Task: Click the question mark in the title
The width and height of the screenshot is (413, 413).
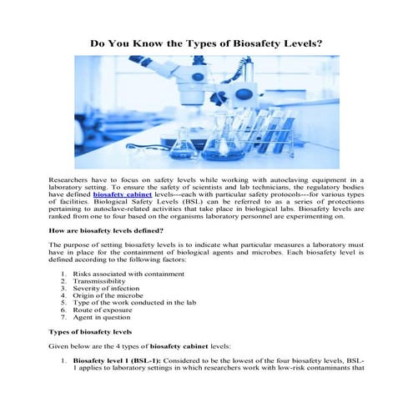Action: [x=319, y=43]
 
